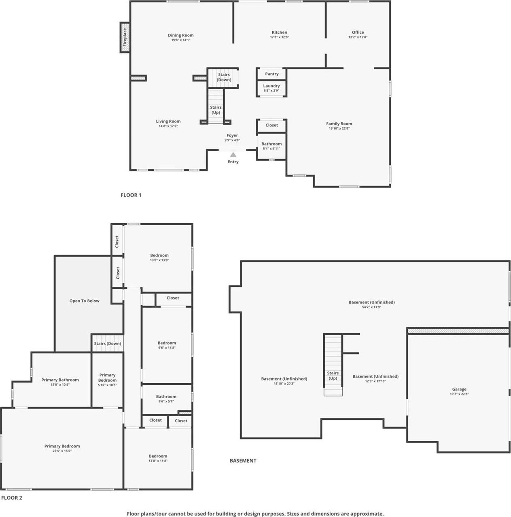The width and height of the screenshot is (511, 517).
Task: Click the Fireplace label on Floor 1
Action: click(125, 37)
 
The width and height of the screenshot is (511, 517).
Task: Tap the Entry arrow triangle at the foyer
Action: click(233, 154)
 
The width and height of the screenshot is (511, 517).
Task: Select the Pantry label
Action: click(272, 74)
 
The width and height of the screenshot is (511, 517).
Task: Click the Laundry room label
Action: click(271, 86)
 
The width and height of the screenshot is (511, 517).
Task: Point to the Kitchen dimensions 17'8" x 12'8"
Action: click(279, 37)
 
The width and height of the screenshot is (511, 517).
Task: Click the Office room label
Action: click(358, 32)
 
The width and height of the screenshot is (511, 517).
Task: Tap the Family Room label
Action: click(339, 124)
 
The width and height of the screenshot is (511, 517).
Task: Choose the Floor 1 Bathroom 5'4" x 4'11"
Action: click(271, 146)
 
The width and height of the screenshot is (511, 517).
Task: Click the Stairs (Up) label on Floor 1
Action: click(216, 110)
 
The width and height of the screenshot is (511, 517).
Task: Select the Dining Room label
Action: click(181, 35)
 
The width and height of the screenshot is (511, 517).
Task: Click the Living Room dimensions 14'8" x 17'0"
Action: click(168, 126)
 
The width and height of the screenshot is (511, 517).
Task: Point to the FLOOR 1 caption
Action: click(131, 195)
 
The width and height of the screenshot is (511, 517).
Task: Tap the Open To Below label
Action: click(84, 301)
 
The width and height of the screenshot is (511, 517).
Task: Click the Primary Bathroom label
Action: click(60, 380)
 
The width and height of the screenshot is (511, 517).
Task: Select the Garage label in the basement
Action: click(459, 389)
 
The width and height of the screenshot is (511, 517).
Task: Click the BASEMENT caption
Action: click(243, 461)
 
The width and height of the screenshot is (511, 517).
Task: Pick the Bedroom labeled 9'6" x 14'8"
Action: click(167, 345)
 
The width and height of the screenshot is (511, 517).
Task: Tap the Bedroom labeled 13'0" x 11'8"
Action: click(158, 458)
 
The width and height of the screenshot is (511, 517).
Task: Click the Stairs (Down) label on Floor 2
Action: click(108, 344)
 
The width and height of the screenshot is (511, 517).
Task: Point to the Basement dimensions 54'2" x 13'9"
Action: click(371, 307)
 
